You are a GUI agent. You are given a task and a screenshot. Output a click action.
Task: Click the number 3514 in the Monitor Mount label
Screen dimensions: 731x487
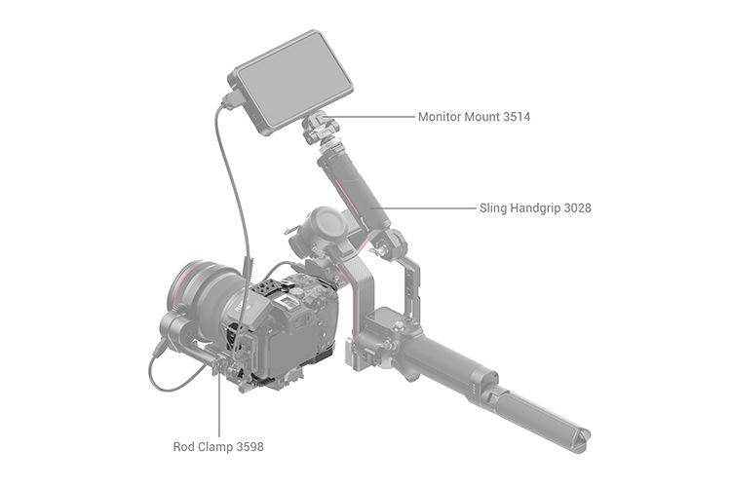[517, 117]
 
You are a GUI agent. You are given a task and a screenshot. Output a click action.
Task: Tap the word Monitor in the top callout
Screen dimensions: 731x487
[436, 117]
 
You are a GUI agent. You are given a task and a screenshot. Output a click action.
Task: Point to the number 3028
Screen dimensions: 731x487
[577, 207]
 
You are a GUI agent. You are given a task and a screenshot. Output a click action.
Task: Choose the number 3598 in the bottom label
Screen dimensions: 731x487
[250, 446]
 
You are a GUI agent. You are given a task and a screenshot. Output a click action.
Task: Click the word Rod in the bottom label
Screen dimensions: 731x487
[182, 446]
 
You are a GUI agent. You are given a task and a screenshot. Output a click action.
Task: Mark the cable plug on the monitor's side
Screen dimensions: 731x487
[232, 100]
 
